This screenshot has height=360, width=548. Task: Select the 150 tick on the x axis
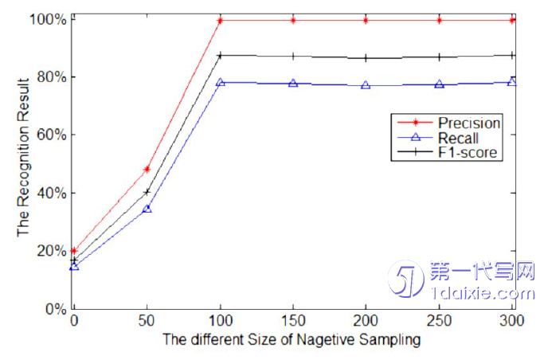tap(292, 320)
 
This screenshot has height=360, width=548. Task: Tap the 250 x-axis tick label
tap(440, 320)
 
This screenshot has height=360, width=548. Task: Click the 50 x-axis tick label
tap(147, 320)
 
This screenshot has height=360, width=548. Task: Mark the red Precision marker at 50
tap(147, 169)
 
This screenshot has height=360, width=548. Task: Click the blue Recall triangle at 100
tap(220, 82)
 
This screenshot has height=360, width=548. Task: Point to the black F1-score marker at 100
tap(220, 56)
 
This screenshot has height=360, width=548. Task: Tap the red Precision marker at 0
tap(74, 250)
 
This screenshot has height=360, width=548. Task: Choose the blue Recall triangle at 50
tap(147, 208)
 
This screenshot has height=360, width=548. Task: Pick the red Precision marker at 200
tap(366, 19)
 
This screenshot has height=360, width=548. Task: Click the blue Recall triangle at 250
tap(440, 84)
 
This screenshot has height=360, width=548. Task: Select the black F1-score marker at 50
tap(147, 192)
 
